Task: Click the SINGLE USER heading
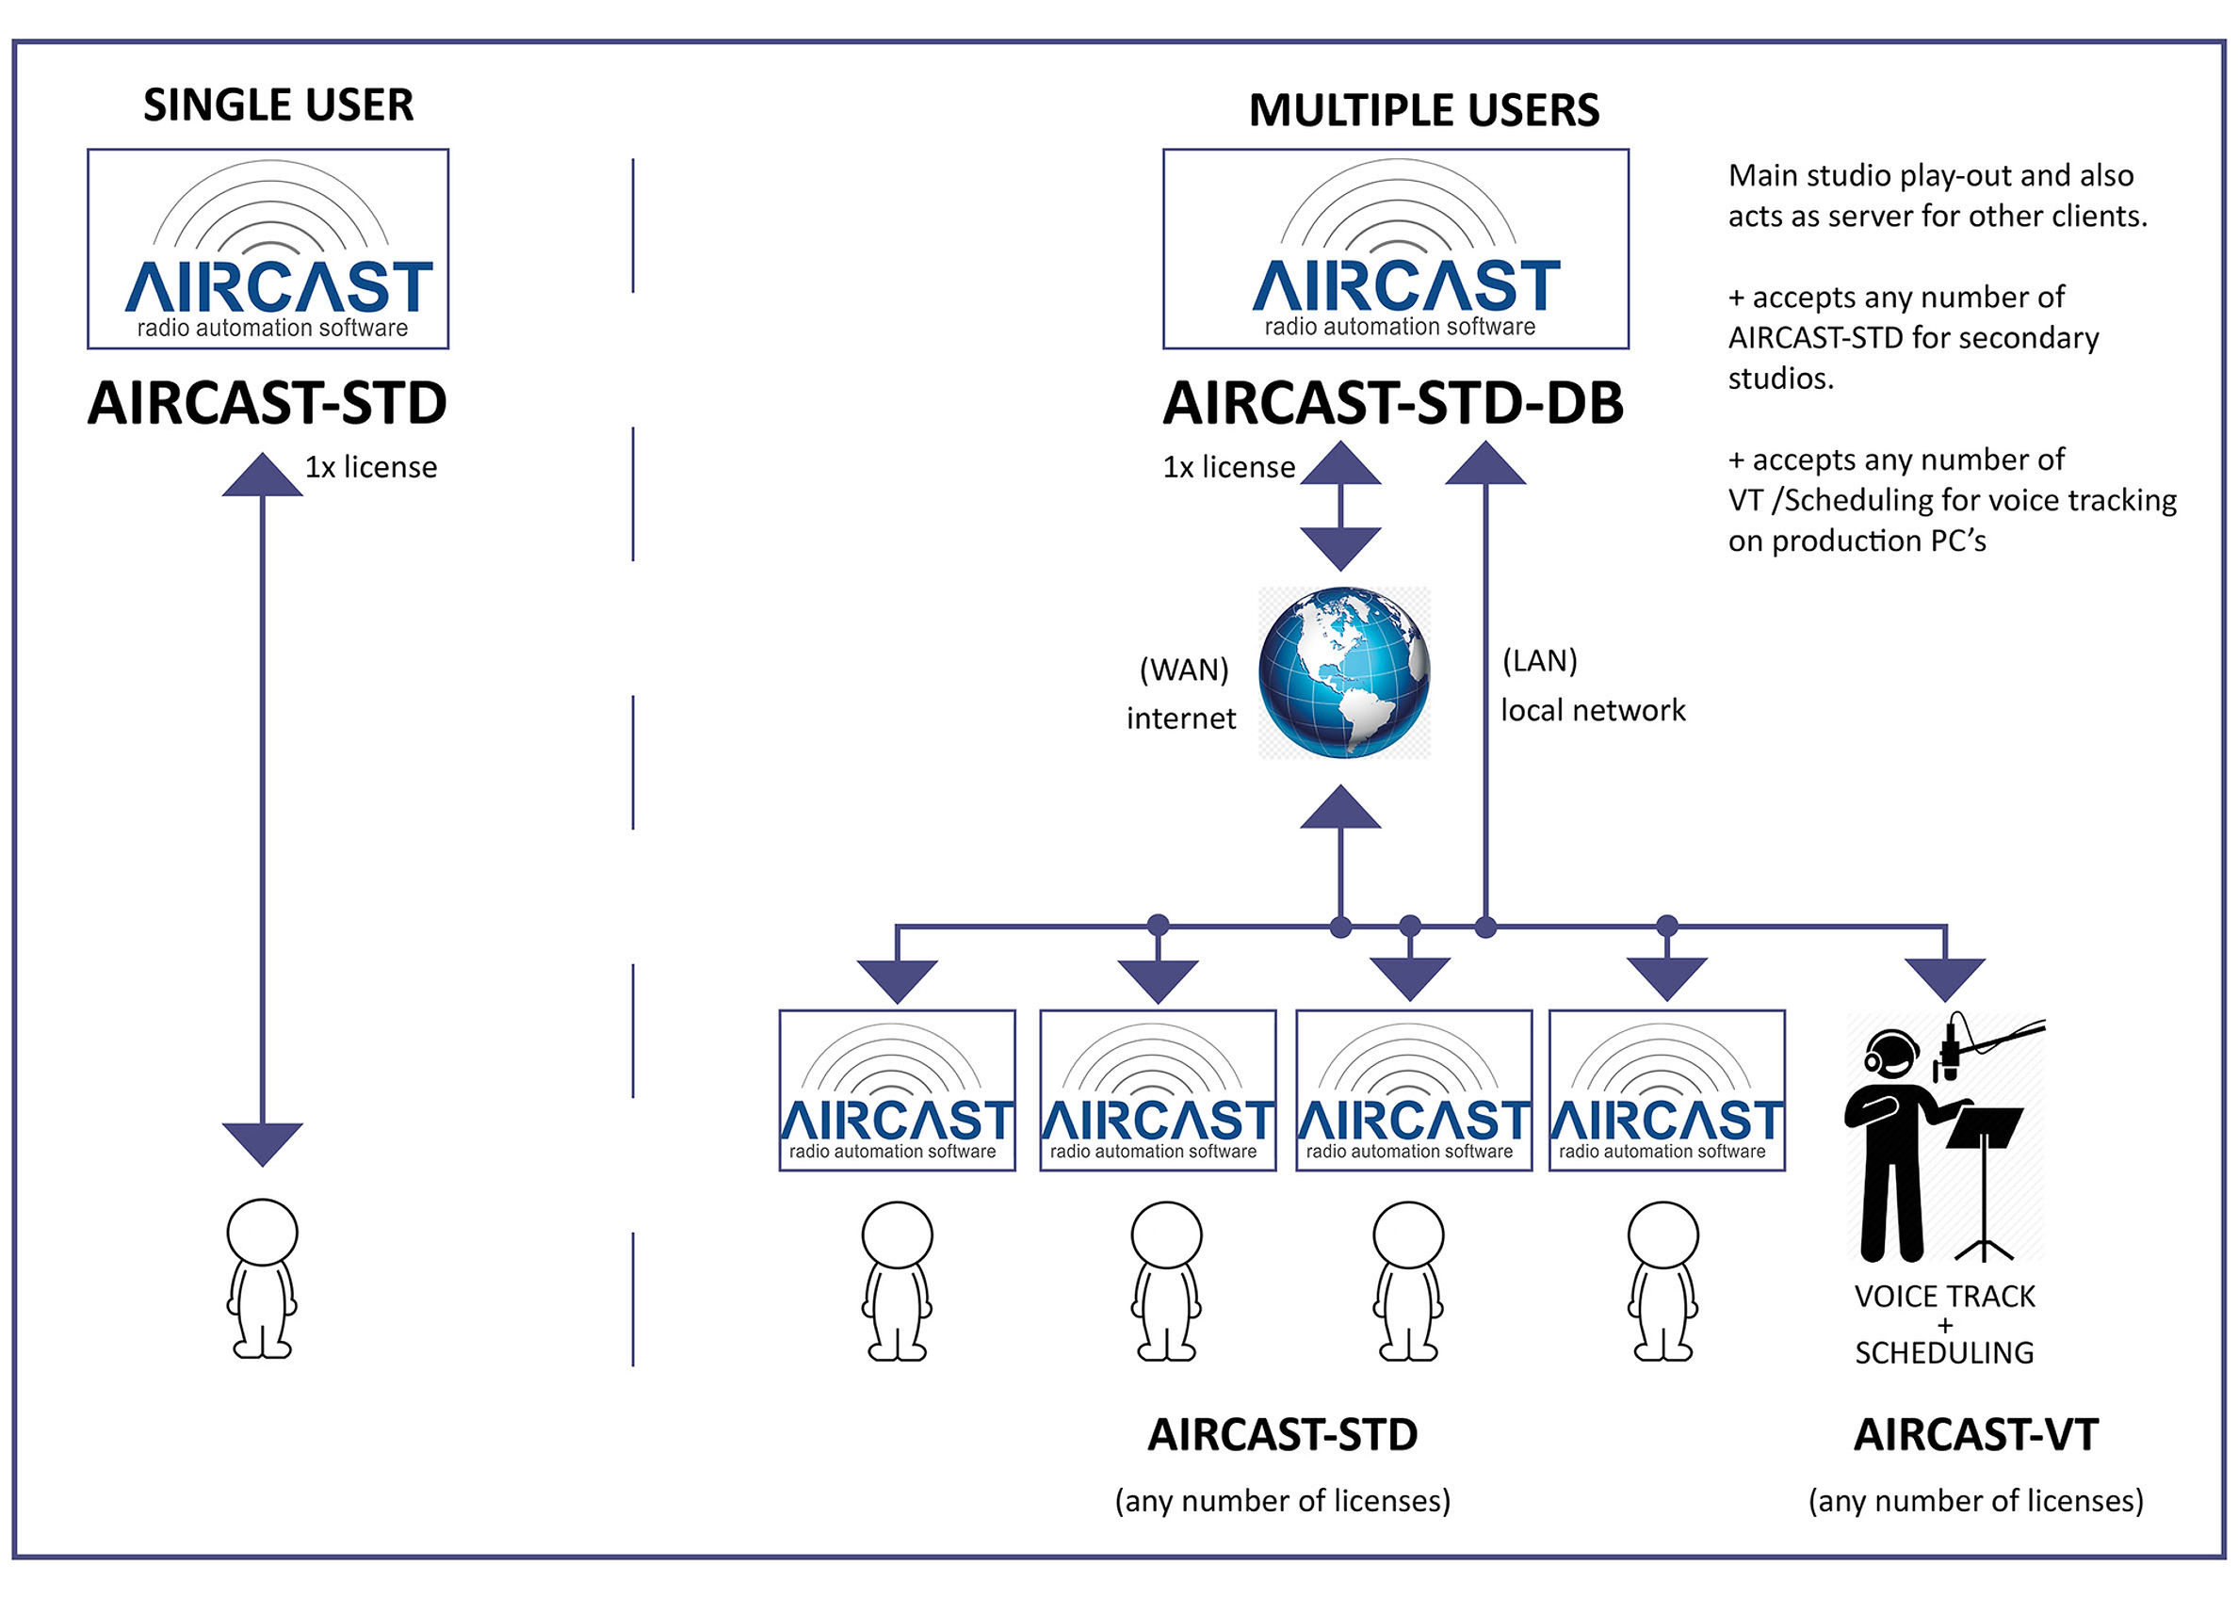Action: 278,105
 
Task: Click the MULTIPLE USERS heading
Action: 1423,110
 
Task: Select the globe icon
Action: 1343,673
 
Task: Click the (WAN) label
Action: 1183,670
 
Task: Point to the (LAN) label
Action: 1539,660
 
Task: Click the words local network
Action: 1593,709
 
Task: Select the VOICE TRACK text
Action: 1944,1296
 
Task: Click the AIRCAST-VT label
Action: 1975,1435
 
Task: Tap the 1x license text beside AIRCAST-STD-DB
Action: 1228,466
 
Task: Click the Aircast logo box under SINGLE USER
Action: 268,249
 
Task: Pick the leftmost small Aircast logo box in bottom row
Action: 897,1090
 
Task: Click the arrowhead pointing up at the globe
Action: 1339,809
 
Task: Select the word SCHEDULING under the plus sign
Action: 1944,1353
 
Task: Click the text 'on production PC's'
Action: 1857,541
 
